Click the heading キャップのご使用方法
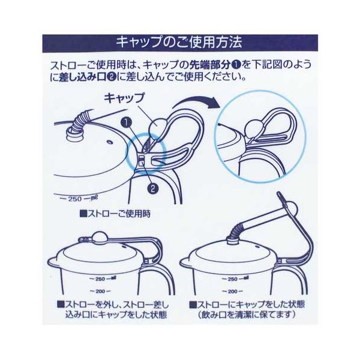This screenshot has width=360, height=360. [x=179, y=42]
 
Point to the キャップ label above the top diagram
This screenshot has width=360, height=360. [x=124, y=98]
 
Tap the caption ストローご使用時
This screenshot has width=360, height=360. [x=115, y=214]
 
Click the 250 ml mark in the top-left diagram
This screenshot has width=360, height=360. [x=78, y=199]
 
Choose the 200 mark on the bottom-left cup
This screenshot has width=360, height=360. [x=100, y=291]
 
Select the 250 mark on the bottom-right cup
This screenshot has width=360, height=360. [x=236, y=279]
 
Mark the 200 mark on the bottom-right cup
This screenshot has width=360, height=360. [x=233, y=291]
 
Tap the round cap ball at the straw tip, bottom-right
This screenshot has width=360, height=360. [x=290, y=208]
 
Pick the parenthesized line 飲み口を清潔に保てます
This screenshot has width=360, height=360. [x=247, y=314]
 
